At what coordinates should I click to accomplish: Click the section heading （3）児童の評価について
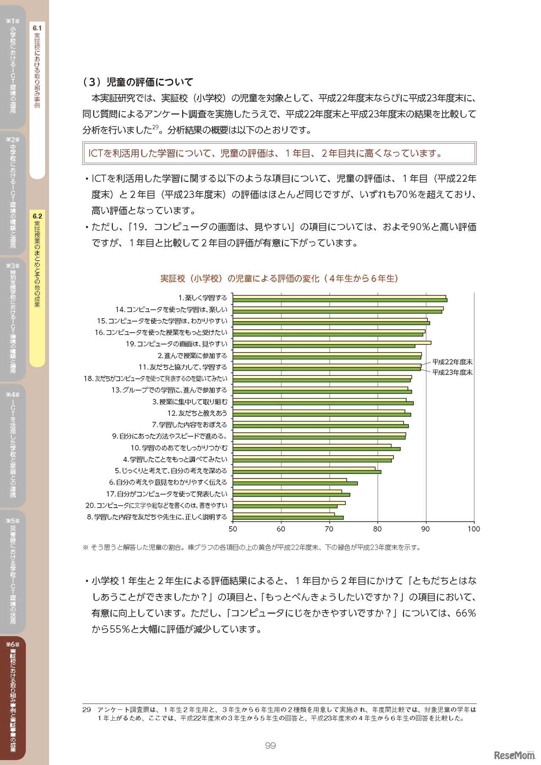[138, 82]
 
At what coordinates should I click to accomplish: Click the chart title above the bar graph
[279, 279]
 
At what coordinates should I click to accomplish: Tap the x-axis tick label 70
[329, 529]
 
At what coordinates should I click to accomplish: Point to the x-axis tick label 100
[473, 529]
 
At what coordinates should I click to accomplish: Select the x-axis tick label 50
[233, 529]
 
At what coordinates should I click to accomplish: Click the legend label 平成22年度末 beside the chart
[452, 362]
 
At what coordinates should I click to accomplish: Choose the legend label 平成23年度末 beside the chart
[452, 372]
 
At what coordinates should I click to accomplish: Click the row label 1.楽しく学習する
[202, 298]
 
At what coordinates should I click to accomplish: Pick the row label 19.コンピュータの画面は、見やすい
[176, 344]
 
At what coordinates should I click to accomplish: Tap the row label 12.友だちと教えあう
[197, 413]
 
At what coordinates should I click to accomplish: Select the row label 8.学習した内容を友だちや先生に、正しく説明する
[157, 517]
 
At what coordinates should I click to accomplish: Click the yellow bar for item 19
[332, 342]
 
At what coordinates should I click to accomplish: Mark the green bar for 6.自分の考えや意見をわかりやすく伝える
[295, 484]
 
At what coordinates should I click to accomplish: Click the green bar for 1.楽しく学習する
[340, 300]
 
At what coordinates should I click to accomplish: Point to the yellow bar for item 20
[289, 503]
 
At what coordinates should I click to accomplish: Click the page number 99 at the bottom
[270, 746]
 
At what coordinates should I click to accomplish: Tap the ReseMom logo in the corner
[514, 755]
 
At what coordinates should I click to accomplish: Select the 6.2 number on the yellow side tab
[37, 216]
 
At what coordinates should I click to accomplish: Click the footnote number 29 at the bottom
[87, 710]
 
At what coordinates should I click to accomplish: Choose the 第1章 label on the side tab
[13, 21]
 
